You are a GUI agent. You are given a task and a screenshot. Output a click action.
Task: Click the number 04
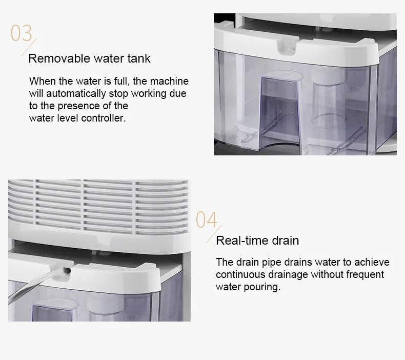(x=207, y=220)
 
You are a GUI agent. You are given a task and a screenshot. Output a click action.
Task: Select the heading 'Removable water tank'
(x=89, y=58)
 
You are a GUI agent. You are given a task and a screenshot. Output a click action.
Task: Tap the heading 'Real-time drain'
(x=257, y=241)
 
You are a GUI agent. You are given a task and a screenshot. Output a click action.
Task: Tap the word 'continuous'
(x=241, y=275)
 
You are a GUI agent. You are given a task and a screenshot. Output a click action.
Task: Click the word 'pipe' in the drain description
(x=270, y=263)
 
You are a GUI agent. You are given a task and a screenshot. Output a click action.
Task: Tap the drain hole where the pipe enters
(x=65, y=268)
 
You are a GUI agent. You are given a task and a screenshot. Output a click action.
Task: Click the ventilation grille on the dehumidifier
(x=97, y=205)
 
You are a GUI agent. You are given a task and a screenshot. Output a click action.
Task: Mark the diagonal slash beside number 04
(x=212, y=236)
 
